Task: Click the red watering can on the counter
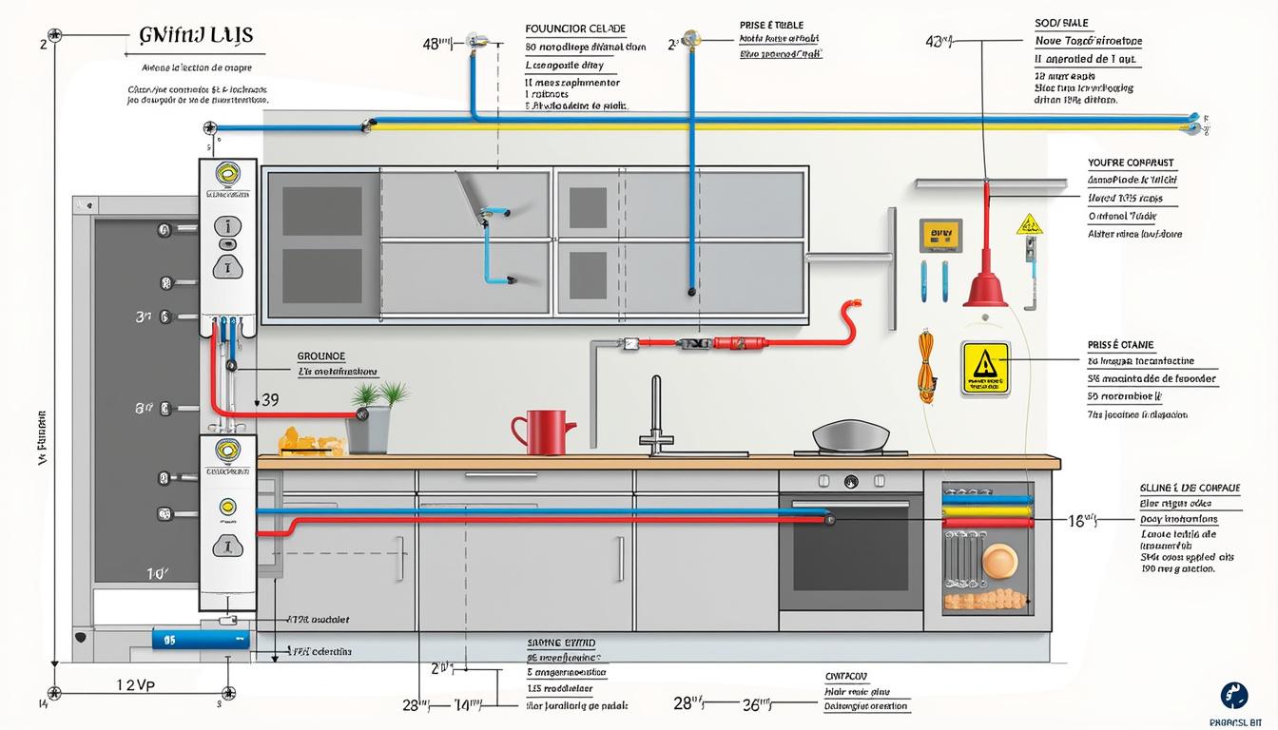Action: [x=545, y=432]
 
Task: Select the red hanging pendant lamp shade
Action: [x=985, y=288]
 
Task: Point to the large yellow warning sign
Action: [x=984, y=368]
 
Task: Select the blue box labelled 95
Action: [x=200, y=639]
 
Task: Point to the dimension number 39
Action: [x=270, y=400]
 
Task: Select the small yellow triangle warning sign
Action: [x=1029, y=225]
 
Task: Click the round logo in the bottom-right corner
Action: [x=1234, y=695]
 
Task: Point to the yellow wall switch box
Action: [x=935, y=235]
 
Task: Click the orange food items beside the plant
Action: [x=310, y=441]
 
